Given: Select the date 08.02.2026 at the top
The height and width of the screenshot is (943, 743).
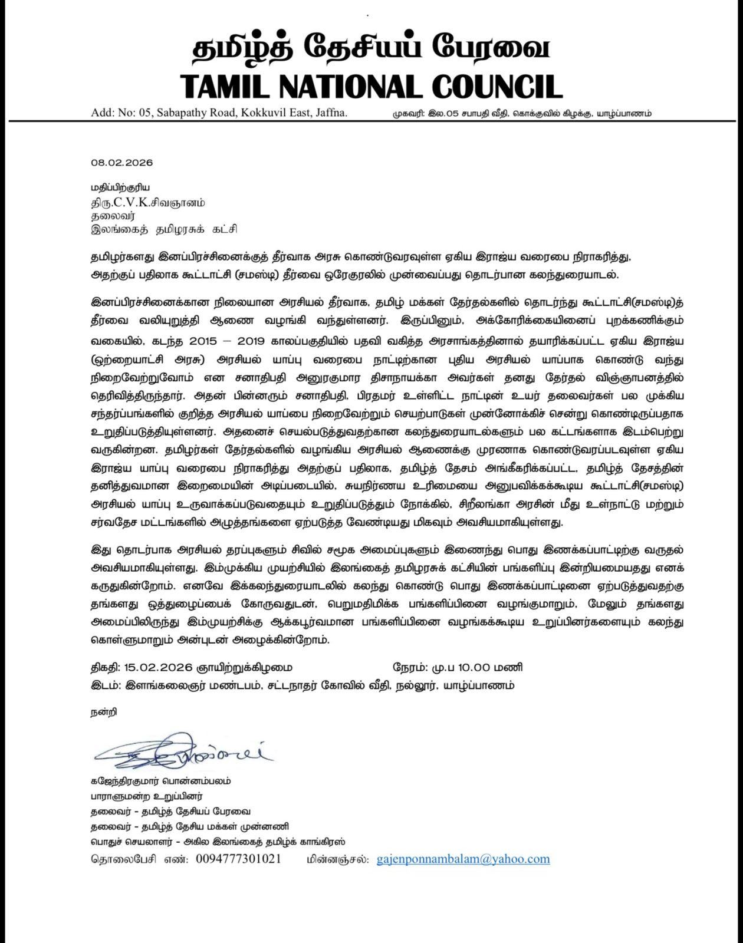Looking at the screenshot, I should tap(121, 163).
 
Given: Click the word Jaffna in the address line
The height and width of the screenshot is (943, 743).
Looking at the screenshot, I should tap(331, 113).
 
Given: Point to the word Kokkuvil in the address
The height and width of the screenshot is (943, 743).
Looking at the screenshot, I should tap(261, 113).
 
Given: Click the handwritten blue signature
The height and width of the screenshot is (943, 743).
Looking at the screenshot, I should tap(183, 751).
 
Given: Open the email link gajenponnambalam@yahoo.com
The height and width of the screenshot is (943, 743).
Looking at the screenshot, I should tap(463, 859).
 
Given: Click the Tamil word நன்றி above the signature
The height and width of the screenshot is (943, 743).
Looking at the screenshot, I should tap(104, 712).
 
